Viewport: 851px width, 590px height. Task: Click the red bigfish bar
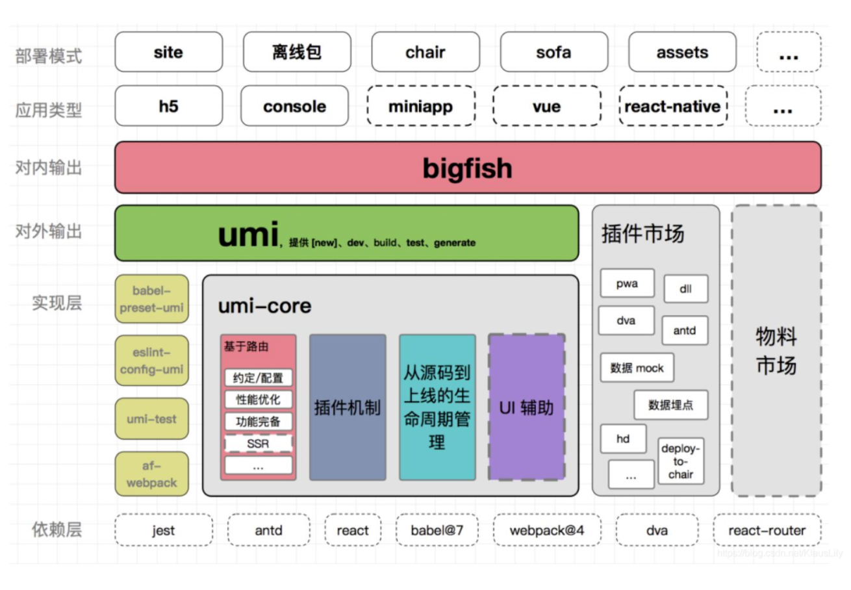[468, 168]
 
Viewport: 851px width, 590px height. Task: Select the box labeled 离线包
[297, 52]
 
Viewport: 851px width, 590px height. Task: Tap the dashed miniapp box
[420, 106]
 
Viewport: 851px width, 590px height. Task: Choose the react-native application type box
[672, 106]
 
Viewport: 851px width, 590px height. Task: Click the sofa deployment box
[553, 52]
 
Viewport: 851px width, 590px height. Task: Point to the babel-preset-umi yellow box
[152, 299]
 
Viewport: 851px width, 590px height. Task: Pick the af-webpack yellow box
[152, 474]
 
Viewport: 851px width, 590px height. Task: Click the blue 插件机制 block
[348, 407]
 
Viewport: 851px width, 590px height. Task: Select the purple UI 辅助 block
[526, 407]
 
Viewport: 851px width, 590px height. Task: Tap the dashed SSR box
[258, 444]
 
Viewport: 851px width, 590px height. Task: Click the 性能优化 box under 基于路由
[258, 400]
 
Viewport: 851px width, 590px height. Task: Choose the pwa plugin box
[627, 283]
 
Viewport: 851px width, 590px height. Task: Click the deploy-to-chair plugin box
[681, 461]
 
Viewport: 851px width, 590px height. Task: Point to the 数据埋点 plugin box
[670, 405]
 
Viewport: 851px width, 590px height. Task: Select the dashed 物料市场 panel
[776, 351]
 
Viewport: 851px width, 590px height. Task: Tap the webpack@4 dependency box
[546, 530]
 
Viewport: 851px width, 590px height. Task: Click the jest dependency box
[164, 530]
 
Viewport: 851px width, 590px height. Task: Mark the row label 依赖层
[57, 530]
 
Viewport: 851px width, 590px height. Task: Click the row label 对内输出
[49, 168]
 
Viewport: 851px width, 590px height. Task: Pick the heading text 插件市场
[642, 233]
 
